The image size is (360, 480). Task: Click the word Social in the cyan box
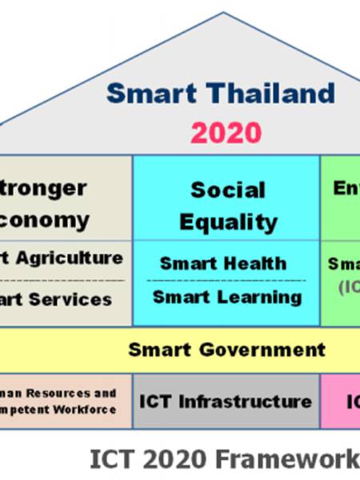(227, 190)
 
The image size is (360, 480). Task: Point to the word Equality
(228, 222)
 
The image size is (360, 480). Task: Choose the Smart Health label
(222, 262)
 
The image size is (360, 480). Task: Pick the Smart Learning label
(227, 297)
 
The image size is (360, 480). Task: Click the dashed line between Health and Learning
(226, 281)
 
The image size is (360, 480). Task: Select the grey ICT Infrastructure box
(226, 401)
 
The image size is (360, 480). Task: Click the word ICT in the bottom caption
(109, 458)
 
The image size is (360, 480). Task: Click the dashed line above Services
(64, 279)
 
